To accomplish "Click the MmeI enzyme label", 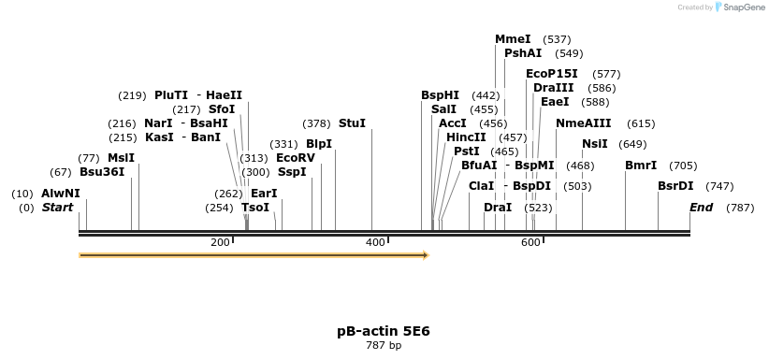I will click(513, 39).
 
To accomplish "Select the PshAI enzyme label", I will click(523, 53).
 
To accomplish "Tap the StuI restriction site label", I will click(352, 123).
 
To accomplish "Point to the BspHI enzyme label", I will click(440, 95).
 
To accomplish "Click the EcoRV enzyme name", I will click(296, 158).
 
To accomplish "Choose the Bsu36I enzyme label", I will click(102, 172).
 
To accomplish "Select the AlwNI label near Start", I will click(61, 194).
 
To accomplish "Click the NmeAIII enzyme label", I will click(583, 123).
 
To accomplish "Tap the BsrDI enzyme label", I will click(675, 186).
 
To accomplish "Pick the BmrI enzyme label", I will click(641, 166).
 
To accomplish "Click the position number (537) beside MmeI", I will click(557, 39).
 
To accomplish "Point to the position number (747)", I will click(719, 186).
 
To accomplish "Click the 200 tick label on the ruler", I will click(220, 242).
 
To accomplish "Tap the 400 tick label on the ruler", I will click(375, 242).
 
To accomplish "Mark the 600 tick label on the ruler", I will click(530, 242).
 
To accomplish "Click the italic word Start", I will click(58, 208).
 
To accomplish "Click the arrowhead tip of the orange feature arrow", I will click(427, 254).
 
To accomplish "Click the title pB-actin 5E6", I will click(384, 331).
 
